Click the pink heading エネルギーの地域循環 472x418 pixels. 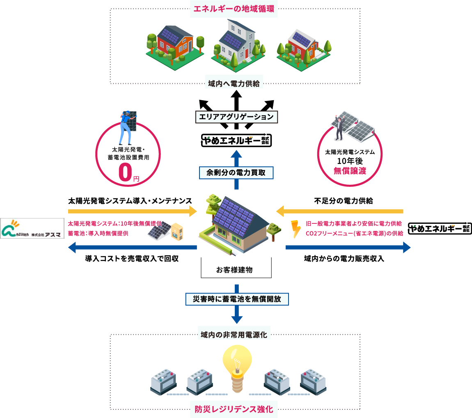click(x=234, y=9)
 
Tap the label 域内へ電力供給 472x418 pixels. click(x=234, y=84)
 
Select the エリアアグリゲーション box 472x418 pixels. click(x=236, y=117)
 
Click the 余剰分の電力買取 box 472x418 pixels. click(x=236, y=173)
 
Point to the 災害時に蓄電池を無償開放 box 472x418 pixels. click(x=237, y=299)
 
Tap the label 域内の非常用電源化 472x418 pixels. click(x=234, y=335)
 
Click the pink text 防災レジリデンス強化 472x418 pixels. click(x=234, y=409)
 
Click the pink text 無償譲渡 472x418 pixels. click(x=350, y=171)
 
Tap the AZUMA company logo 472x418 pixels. click(x=32, y=228)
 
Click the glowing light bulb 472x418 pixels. click(x=237, y=365)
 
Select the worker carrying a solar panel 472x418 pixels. click(x=127, y=126)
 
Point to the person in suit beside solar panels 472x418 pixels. click(x=339, y=127)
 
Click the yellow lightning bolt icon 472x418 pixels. click(x=295, y=229)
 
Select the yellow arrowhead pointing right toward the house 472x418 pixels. click(x=193, y=211)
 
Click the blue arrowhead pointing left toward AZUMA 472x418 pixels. click(x=72, y=247)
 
